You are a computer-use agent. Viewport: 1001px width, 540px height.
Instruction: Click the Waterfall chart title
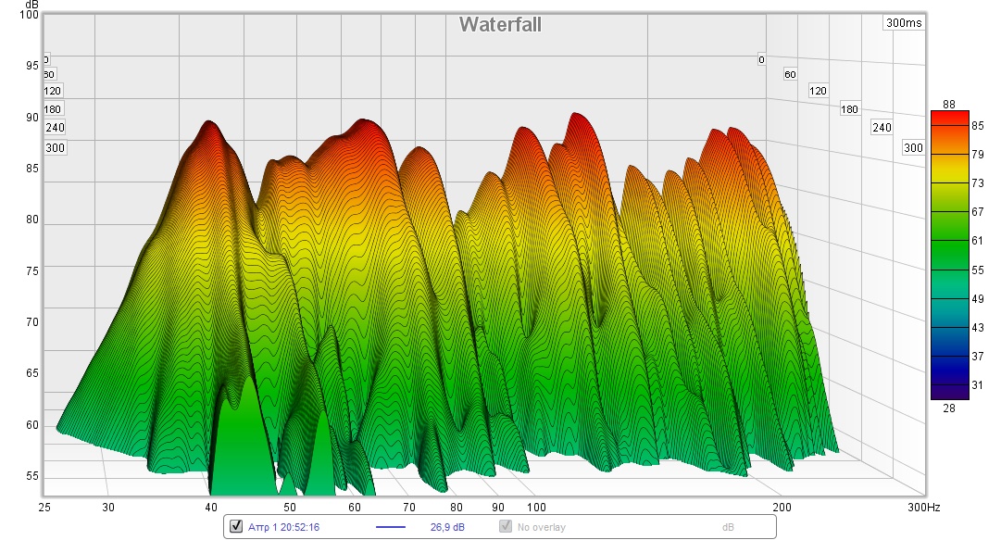coord(500,25)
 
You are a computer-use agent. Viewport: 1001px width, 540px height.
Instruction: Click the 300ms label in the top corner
coord(903,23)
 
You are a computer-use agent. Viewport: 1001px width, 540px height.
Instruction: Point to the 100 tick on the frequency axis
coord(536,507)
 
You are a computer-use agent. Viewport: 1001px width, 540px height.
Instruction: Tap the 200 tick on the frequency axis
coord(782,507)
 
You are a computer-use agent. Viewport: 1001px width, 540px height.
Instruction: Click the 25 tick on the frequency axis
coord(44,507)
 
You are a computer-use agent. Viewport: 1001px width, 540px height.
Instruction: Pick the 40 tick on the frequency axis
coord(211,507)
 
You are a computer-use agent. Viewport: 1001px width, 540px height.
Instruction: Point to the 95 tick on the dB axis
coord(32,66)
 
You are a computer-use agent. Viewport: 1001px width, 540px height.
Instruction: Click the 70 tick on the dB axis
coord(32,322)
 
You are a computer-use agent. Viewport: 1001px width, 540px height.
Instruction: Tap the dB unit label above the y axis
coord(31,5)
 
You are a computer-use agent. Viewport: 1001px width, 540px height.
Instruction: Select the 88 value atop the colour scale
coord(948,104)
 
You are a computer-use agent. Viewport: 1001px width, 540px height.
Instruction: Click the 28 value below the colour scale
coord(948,408)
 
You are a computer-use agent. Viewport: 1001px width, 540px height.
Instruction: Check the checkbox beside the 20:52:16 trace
coord(235,527)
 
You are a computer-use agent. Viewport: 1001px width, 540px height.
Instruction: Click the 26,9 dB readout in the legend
coord(447,527)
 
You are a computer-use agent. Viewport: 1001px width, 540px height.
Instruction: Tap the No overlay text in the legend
coord(542,527)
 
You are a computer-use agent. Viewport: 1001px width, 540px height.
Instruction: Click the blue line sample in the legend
coord(391,527)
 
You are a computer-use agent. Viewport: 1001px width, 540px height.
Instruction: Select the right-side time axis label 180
coord(849,109)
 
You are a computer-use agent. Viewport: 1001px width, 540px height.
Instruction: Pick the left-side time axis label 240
coord(55,128)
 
